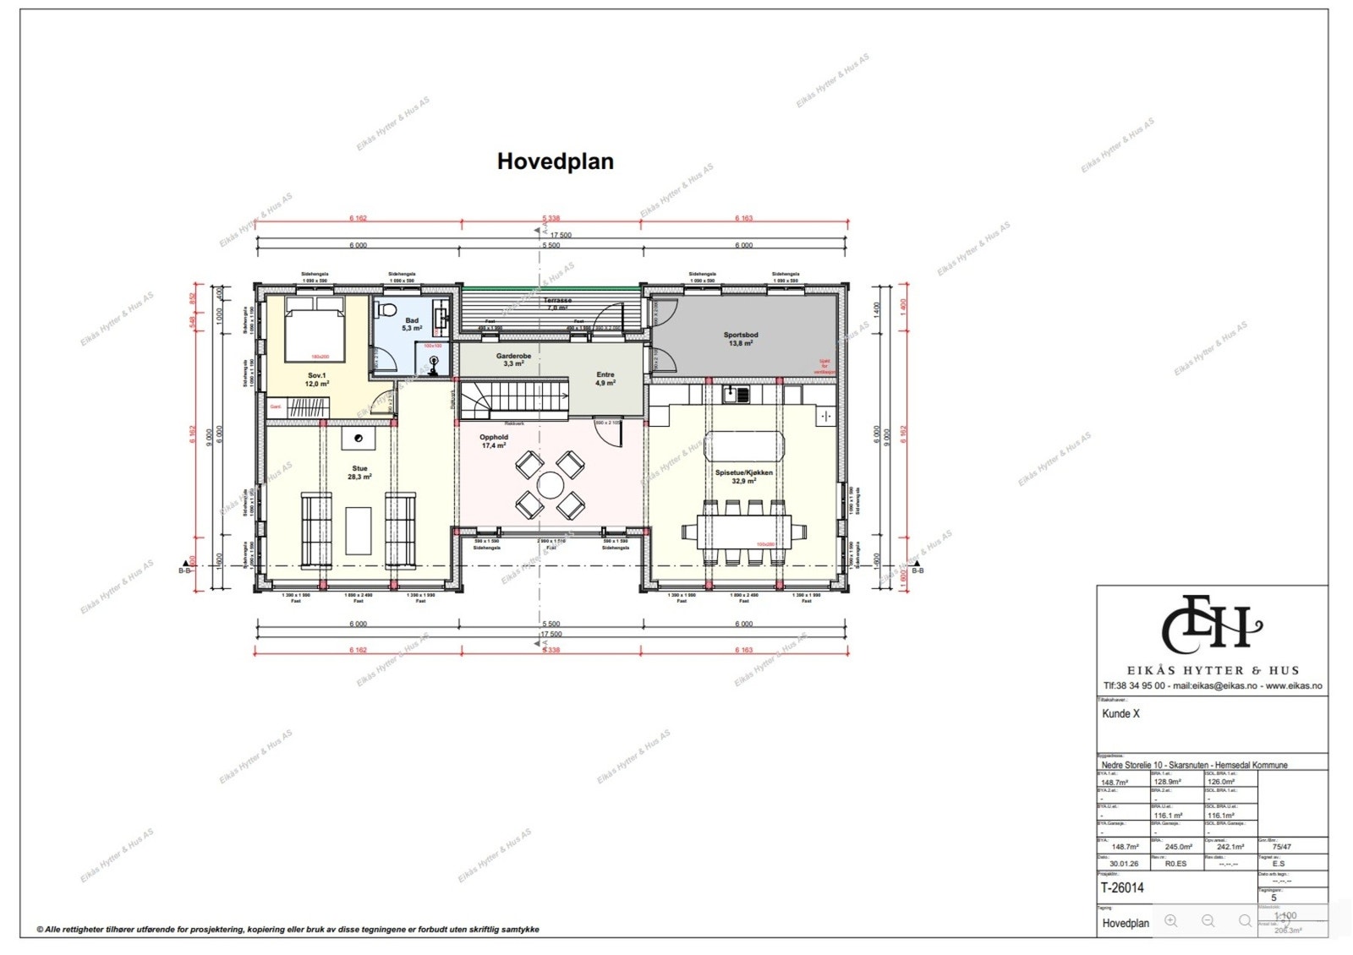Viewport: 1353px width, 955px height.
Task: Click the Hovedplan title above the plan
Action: pos(555,161)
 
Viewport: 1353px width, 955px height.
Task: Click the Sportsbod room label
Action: pos(741,339)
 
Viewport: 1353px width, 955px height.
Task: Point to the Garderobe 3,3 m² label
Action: pos(513,359)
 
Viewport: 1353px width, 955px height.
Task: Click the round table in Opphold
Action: pos(551,485)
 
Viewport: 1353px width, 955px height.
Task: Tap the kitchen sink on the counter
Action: pos(736,393)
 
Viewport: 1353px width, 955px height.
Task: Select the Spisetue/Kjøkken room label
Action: pos(744,477)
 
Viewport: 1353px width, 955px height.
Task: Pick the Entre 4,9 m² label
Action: pos(605,378)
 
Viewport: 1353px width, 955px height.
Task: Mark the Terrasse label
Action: pos(557,301)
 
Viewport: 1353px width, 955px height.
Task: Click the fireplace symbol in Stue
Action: pos(359,438)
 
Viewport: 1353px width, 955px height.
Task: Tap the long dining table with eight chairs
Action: pos(744,532)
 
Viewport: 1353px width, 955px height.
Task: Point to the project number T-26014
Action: pos(1122,887)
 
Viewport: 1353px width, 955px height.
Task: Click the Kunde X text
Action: pos(1120,713)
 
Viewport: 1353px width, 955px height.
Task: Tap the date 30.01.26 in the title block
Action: pos(1123,864)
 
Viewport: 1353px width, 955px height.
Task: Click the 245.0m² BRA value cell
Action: pos(1178,847)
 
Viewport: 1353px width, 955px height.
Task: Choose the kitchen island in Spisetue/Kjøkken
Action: pos(744,445)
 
